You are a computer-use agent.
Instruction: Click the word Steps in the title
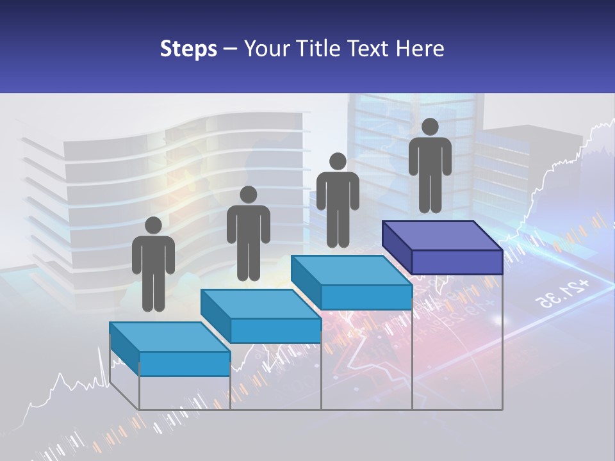pyautogui.click(x=188, y=49)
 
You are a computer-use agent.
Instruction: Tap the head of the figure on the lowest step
pyautogui.click(x=153, y=225)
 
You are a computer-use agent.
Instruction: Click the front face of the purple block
pyautogui.click(x=457, y=263)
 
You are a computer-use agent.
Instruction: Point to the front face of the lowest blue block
pyautogui.click(x=184, y=364)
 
